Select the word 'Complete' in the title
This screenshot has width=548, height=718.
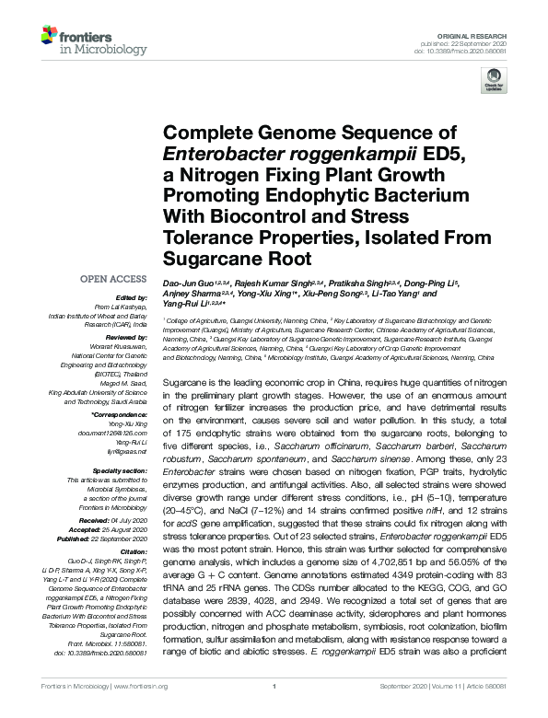207,133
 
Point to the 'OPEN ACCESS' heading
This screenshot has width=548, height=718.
114,278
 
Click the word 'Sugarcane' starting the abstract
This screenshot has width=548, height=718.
183,380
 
